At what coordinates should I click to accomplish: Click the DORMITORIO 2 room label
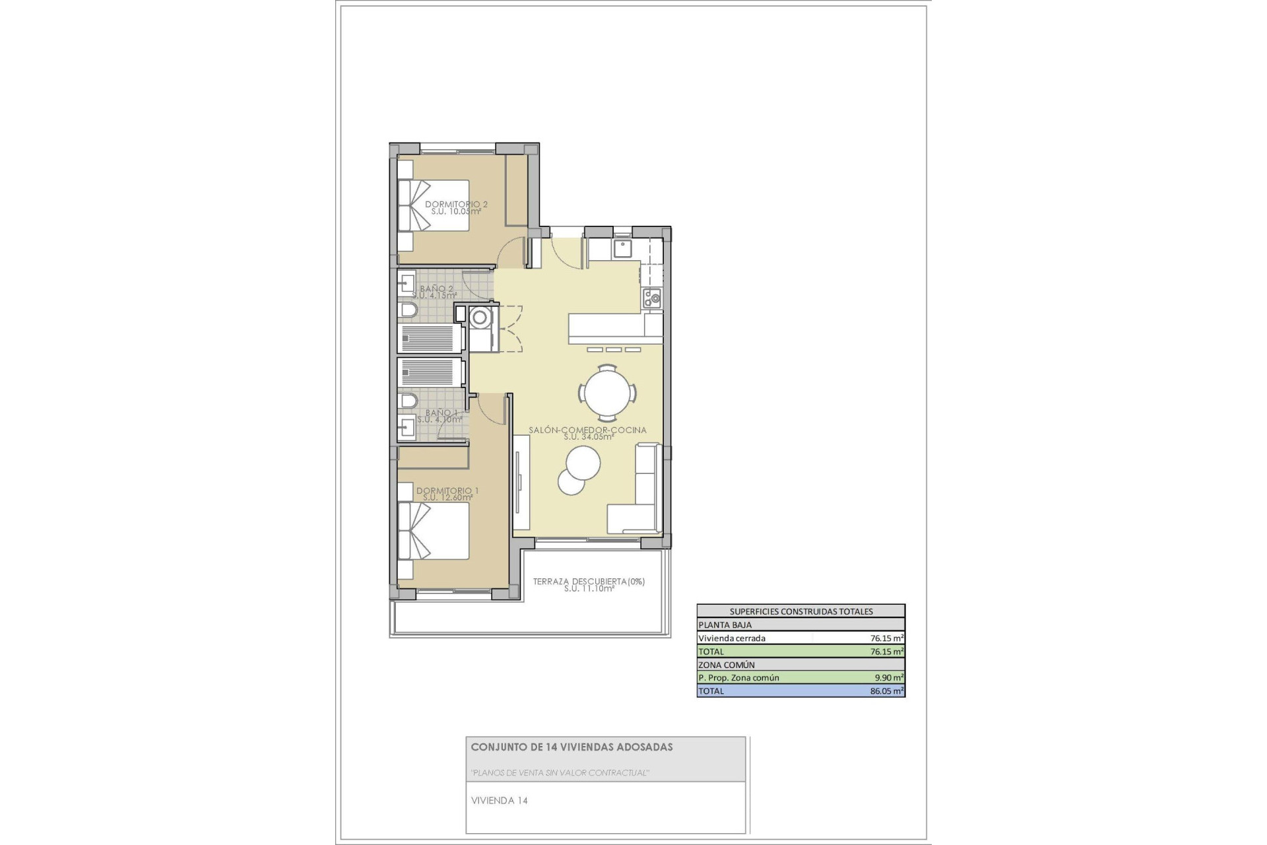click(456, 205)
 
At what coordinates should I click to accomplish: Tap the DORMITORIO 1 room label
click(447, 491)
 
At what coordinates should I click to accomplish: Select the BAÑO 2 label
click(436, 289)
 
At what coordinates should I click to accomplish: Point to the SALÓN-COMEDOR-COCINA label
click(587, 430)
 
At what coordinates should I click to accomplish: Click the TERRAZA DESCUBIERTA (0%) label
click(589, 582)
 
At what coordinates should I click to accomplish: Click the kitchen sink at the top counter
click(622, 249)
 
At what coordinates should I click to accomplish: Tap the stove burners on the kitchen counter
click(652, 298)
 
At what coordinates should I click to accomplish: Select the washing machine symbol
click(480, 318)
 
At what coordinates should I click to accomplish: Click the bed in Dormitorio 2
click(433, 205)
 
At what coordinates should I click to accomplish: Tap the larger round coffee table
click(583, 463)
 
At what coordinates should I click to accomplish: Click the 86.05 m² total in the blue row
click(887, 691)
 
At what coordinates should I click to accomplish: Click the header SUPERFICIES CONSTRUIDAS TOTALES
click(800, 611)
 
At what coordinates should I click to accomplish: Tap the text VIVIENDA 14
click(499, 801)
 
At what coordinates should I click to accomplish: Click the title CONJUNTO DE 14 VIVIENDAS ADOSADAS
click(571, 747)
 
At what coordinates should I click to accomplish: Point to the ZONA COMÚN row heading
click(726, 665)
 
